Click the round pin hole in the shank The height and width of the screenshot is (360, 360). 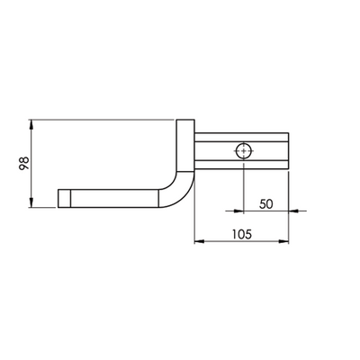pyautogui.click(x=243, y=150)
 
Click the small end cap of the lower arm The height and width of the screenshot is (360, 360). pyautogui.click(x=64, y=197)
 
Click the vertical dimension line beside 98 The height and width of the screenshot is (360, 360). pyautogui.click(x=31, y=163)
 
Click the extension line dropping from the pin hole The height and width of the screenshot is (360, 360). pyautogui.click(x=243, y=189)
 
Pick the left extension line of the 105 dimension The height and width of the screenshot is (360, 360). pyautogui.click(x=195, y=225)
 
